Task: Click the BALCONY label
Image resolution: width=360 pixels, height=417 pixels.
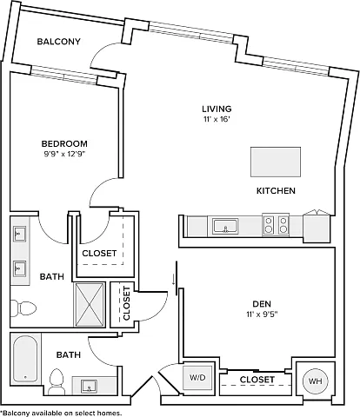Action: pyautogui.click(x=58, y=42)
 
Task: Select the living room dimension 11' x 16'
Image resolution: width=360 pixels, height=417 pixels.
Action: pyautogui.click(x=217, y=119)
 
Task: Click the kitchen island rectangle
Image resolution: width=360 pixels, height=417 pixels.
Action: pyautogui.click(x=276, y=162)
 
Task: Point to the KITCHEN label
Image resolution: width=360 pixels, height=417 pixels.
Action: pyautogui.click(x=276, y=191)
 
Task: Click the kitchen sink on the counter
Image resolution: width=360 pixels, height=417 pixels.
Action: pyautogui.click(x=225, y=226)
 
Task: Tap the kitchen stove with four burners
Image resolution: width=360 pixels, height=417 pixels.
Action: pyautogui.click(x=276, y=225)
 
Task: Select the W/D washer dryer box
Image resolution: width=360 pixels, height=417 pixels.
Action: pyautogui.click(x=197, y=378)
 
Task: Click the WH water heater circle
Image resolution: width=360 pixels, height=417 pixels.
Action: pyautogui.click(x=315, y=381)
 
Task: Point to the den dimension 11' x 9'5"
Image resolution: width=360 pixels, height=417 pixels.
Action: pyautogui.click(x=262, y=314)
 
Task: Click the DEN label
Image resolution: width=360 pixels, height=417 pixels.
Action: pyautogui.click(x=262, y=304)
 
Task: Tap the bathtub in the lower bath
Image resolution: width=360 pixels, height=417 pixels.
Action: pyautogui.click(x=25, y=359)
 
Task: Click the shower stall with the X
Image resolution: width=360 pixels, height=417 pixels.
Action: pyautogui.click(x=90, y=305)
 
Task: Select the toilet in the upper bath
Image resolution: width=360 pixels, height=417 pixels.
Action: pyautogui.click(x=23, y=308)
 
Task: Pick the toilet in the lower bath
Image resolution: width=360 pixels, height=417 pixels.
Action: pyautogui.click(x=57, y=381)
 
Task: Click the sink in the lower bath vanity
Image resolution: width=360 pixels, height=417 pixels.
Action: pyautogui.click(x=89, y=387)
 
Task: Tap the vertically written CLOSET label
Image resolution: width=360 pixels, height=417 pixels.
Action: pyautogui.click(x=127, y=303)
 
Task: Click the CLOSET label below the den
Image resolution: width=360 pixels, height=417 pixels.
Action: pyautogui.click(x=257, y=380)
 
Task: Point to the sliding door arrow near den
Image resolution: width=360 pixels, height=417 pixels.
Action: pyautogui.click(x=173, y=280)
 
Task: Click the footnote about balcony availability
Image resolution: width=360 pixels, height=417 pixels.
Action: pyautogui.click(x=61, y=413)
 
